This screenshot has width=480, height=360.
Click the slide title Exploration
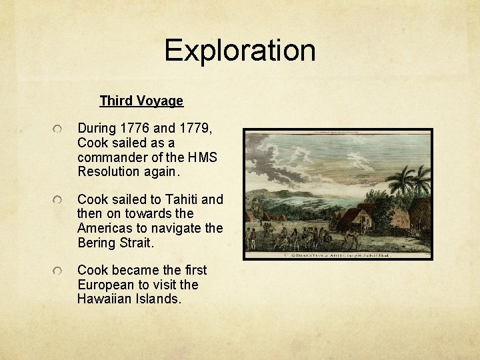pyautogui.click(x=240, y=51)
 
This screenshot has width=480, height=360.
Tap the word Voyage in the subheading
pyautogui.click(x=161, y=101)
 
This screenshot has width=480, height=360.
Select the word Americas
pyautogui.click(x=108, y=229)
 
